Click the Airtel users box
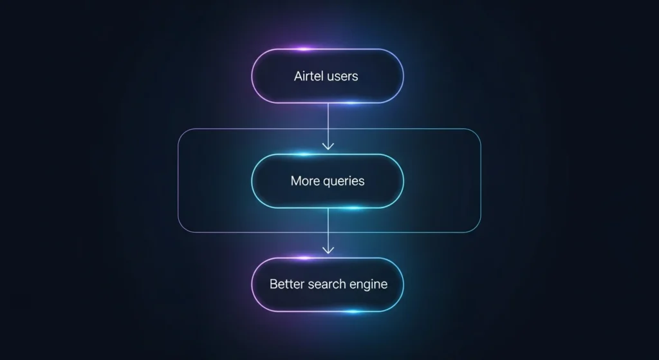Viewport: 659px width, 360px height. click(x=327, y=75)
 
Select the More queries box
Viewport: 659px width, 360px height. click(x=327, y=181)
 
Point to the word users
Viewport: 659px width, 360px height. click(x=342, y=76)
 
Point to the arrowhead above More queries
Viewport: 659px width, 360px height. click(x=328, y=147)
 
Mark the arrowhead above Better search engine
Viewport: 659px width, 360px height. click(x=328, y=250)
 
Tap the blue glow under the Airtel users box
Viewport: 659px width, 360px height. click(x=351, y=102)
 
